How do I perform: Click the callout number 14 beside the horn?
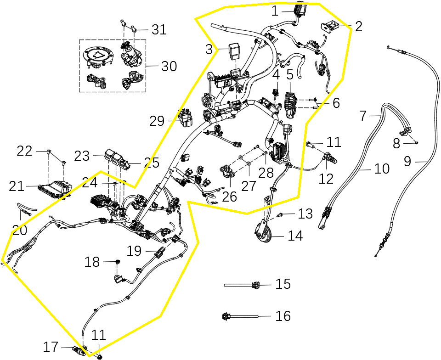tap(295, 236)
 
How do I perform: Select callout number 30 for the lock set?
tap(169, 67)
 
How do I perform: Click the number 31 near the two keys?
tap(159, 30)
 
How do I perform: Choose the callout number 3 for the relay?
tap(209, 50)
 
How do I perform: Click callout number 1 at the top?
tap(275, 11)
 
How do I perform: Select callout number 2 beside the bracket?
tap(358, 26)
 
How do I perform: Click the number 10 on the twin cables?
tap(382, 169)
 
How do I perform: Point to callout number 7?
tap(363, 116)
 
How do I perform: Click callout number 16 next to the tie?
tap(283, 316)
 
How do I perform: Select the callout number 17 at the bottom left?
tap(51, 347)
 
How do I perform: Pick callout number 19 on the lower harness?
tap(135, 251)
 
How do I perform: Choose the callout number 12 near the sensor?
tap(326, 178)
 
